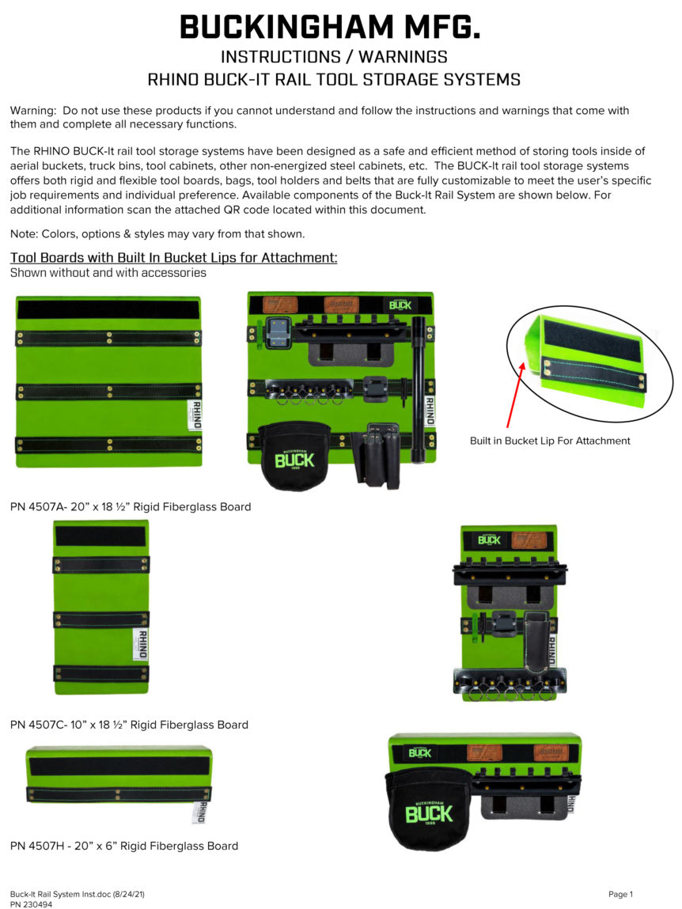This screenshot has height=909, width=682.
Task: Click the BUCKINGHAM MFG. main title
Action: point(330,28)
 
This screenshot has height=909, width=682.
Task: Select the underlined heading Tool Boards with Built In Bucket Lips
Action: point(173,258)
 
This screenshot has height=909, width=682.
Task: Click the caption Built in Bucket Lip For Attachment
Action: point(550,441)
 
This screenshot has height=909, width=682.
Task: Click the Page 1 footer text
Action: point(620,894)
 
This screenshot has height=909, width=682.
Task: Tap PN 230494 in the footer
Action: point(32,903)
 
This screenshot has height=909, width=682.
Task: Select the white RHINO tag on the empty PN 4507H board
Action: point(202,812)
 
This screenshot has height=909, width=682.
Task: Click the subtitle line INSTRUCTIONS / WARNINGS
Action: point(334,57)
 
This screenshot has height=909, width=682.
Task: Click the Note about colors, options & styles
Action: point(157,233)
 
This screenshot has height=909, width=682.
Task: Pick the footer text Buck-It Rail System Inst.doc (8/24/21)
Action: point(77,894)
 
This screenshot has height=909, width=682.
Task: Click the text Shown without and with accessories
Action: point(108,273)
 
